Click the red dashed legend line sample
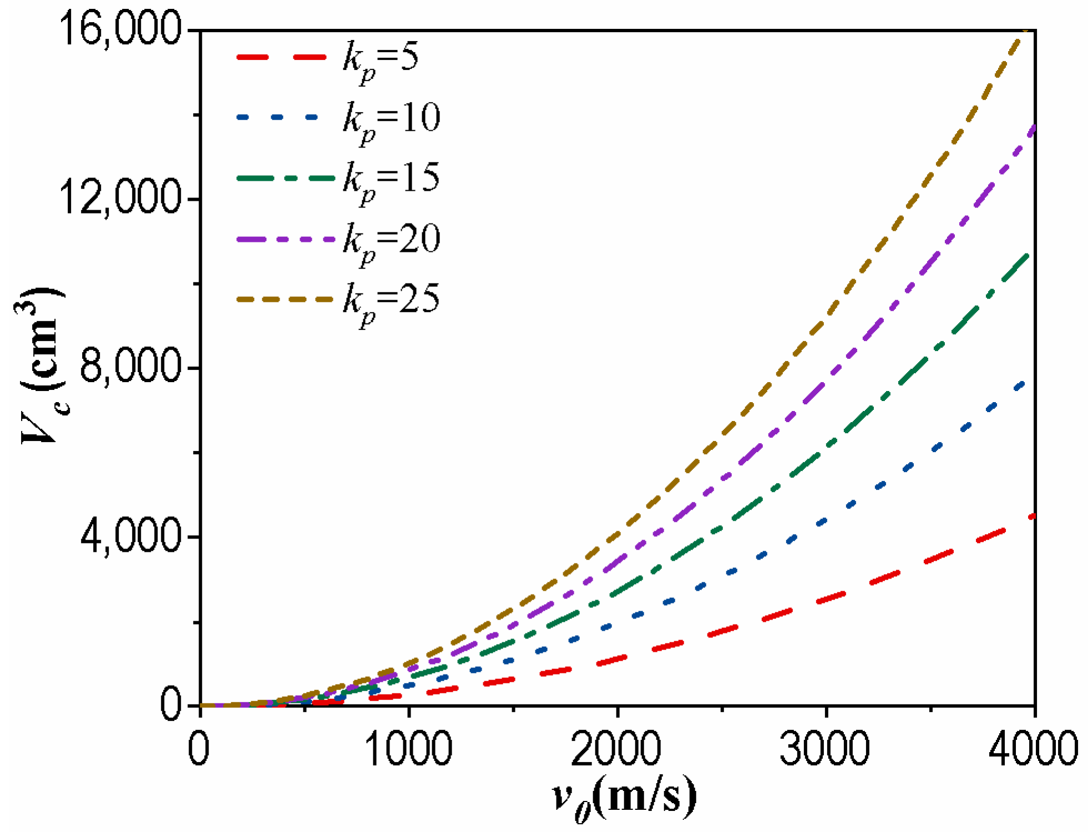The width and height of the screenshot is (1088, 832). pyautogui.click(x=281, y=57)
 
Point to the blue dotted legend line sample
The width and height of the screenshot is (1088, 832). pyautogui.click(x=277, y=117)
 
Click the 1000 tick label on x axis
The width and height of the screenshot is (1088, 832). pyautogui.click(x=409, y=749)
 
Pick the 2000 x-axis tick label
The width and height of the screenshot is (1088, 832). pyautogui.click(x=616, y=749)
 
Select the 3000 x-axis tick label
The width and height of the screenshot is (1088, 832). pyautogui.click(x=825, y=749)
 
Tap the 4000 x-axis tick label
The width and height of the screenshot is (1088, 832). pyautogui.click(x=1033, y=749)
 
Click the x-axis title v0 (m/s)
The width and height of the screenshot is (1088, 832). pyautogui.click(x=624, y=799)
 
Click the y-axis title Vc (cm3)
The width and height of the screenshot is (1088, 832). pyautogui.click(x=40, y=366)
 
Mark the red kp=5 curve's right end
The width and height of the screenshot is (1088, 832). pyautogui.click(x=1033, y=516)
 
